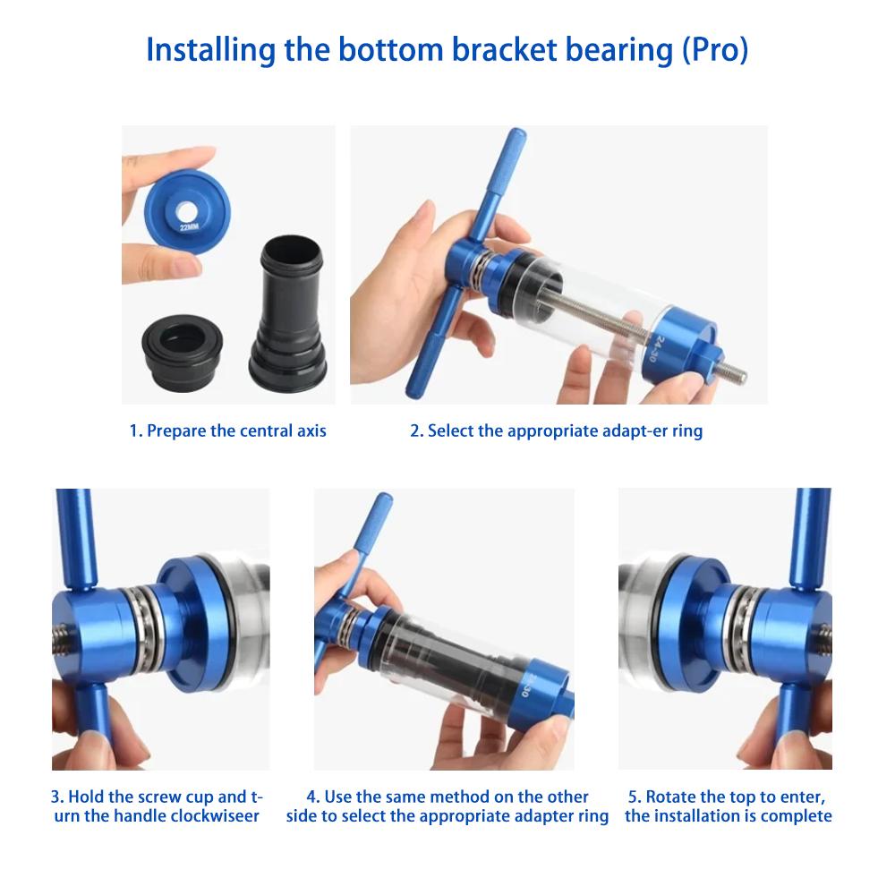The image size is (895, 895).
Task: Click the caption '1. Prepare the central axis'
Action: pos(227,430)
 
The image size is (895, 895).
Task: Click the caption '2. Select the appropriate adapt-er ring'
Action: pos(556,430)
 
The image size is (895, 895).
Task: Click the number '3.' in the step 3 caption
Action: pos(57,796)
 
